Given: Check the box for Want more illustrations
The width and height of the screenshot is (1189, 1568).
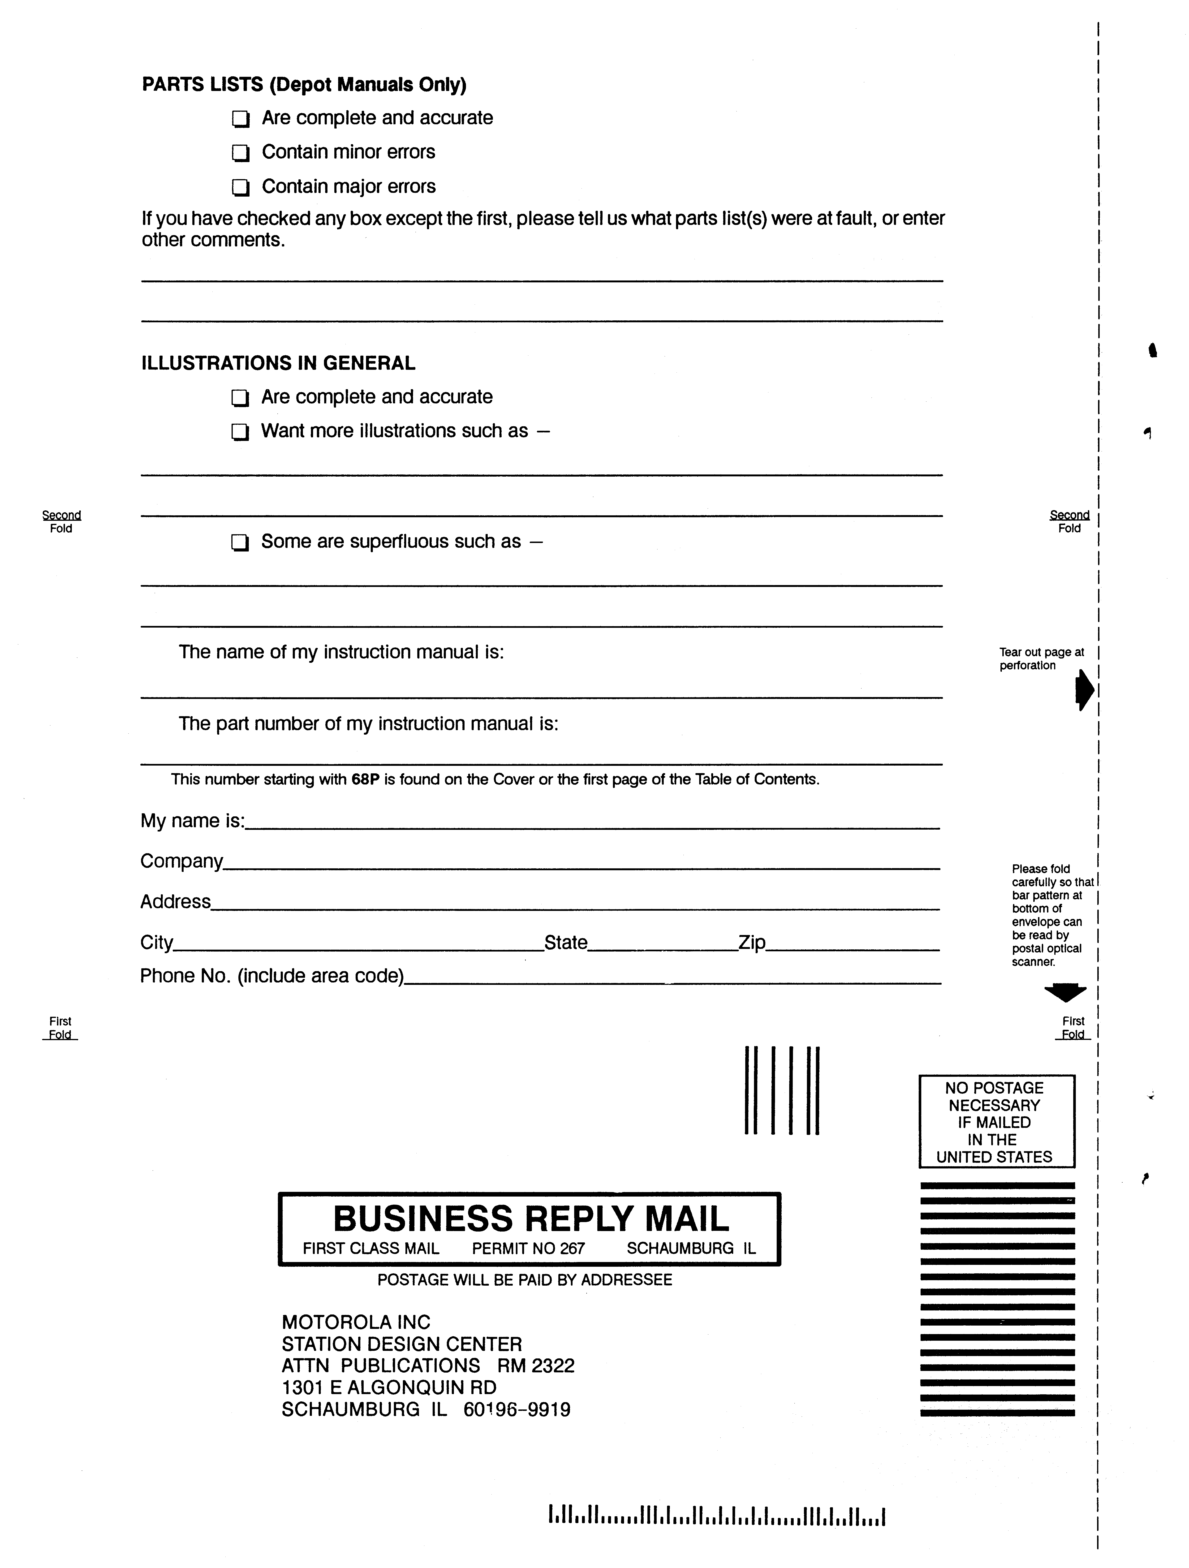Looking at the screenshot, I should click(x=240, y=432).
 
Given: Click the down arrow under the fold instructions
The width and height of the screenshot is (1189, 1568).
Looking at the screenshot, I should click(x=1065, y=992).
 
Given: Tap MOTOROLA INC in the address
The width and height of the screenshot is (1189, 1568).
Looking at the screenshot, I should click(x=356, y=1322).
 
